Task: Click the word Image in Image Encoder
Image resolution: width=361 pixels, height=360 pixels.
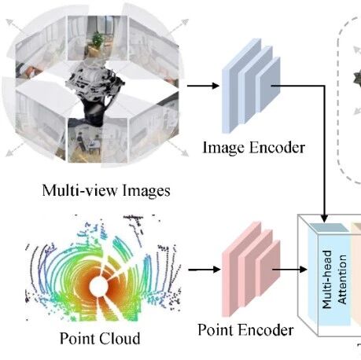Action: click(x=224, y=148)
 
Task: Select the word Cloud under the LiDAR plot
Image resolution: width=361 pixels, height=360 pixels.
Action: click(x=120, y=338)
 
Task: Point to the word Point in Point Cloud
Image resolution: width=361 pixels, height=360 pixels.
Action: click(x=78, y=338)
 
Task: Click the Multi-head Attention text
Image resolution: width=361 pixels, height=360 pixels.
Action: click(x=334, y=279)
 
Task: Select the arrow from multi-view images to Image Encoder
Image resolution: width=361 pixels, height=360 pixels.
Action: click(x=203, y=86)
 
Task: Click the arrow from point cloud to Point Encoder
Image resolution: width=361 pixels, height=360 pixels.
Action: click(x=204, y=270)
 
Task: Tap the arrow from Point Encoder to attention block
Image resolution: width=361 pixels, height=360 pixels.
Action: click(x=289, y=269)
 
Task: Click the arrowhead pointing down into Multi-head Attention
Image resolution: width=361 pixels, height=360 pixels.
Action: click(x=324, y=219)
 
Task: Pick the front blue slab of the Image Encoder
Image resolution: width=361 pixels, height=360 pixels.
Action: click(x=268, y=85)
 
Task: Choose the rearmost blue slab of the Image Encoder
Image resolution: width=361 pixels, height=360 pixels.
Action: click(x=238, y=85)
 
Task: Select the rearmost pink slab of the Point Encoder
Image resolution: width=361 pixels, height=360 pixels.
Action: click(x=238, y=269)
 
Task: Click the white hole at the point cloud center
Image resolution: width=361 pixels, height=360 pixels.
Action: click(x=98, y=286)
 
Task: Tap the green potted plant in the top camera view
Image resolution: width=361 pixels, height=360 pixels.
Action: click(x=98, y=40)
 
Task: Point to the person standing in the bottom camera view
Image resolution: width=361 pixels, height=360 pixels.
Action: click(x=80, y=141)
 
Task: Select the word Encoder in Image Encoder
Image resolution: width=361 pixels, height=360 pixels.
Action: click(x=277, y=148)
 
